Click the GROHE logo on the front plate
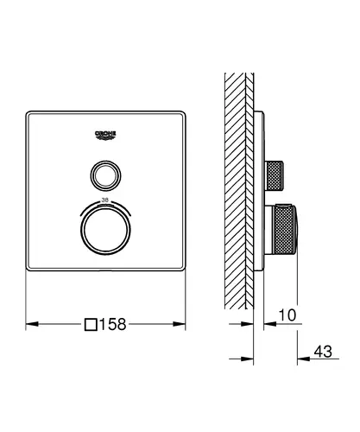pos(105,136)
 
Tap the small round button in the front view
pos(105,175)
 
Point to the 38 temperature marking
pos(104,200)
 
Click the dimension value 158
pos(113,324)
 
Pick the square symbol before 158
pos(91,324)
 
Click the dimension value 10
pos(287,315)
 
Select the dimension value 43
pos(323,352)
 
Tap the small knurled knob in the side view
pos(275,176)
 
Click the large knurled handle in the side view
pos(286,230)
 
